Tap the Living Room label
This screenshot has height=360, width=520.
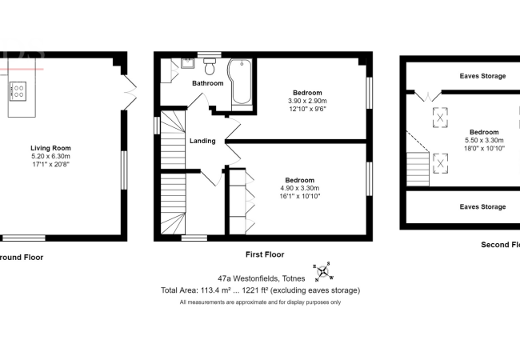pos(51,148)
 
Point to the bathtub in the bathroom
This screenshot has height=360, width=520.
pos(241,83)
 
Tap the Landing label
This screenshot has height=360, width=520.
pos(202,141)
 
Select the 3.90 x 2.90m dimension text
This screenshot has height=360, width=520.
pos(308,102)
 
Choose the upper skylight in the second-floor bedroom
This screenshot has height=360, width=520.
pos(439,117)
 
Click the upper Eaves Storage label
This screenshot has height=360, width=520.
pos(482,77)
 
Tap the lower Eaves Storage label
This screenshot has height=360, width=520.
pos(482,206)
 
